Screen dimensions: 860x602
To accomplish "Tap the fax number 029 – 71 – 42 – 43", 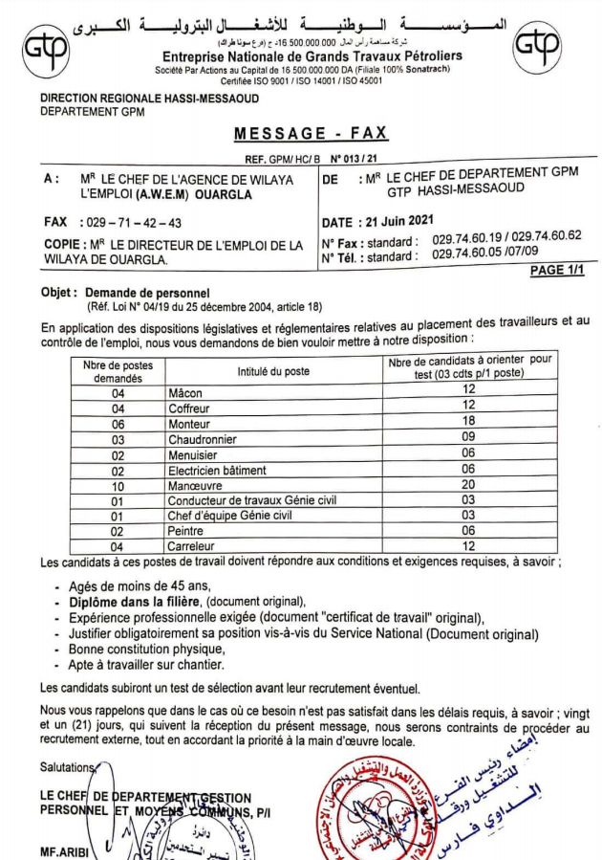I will coord(133,222).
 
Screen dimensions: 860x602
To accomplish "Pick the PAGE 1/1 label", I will coord(557,271).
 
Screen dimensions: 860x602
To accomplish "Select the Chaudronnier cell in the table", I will coord(202,439).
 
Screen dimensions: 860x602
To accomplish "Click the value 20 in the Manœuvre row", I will coord(468,485).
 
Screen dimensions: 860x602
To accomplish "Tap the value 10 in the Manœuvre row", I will coord(118,485).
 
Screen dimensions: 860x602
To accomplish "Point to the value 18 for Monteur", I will coord(468,424).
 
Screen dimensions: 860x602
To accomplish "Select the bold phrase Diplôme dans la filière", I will coord(134,602).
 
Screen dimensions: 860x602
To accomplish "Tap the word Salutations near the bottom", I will coord(68,766).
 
